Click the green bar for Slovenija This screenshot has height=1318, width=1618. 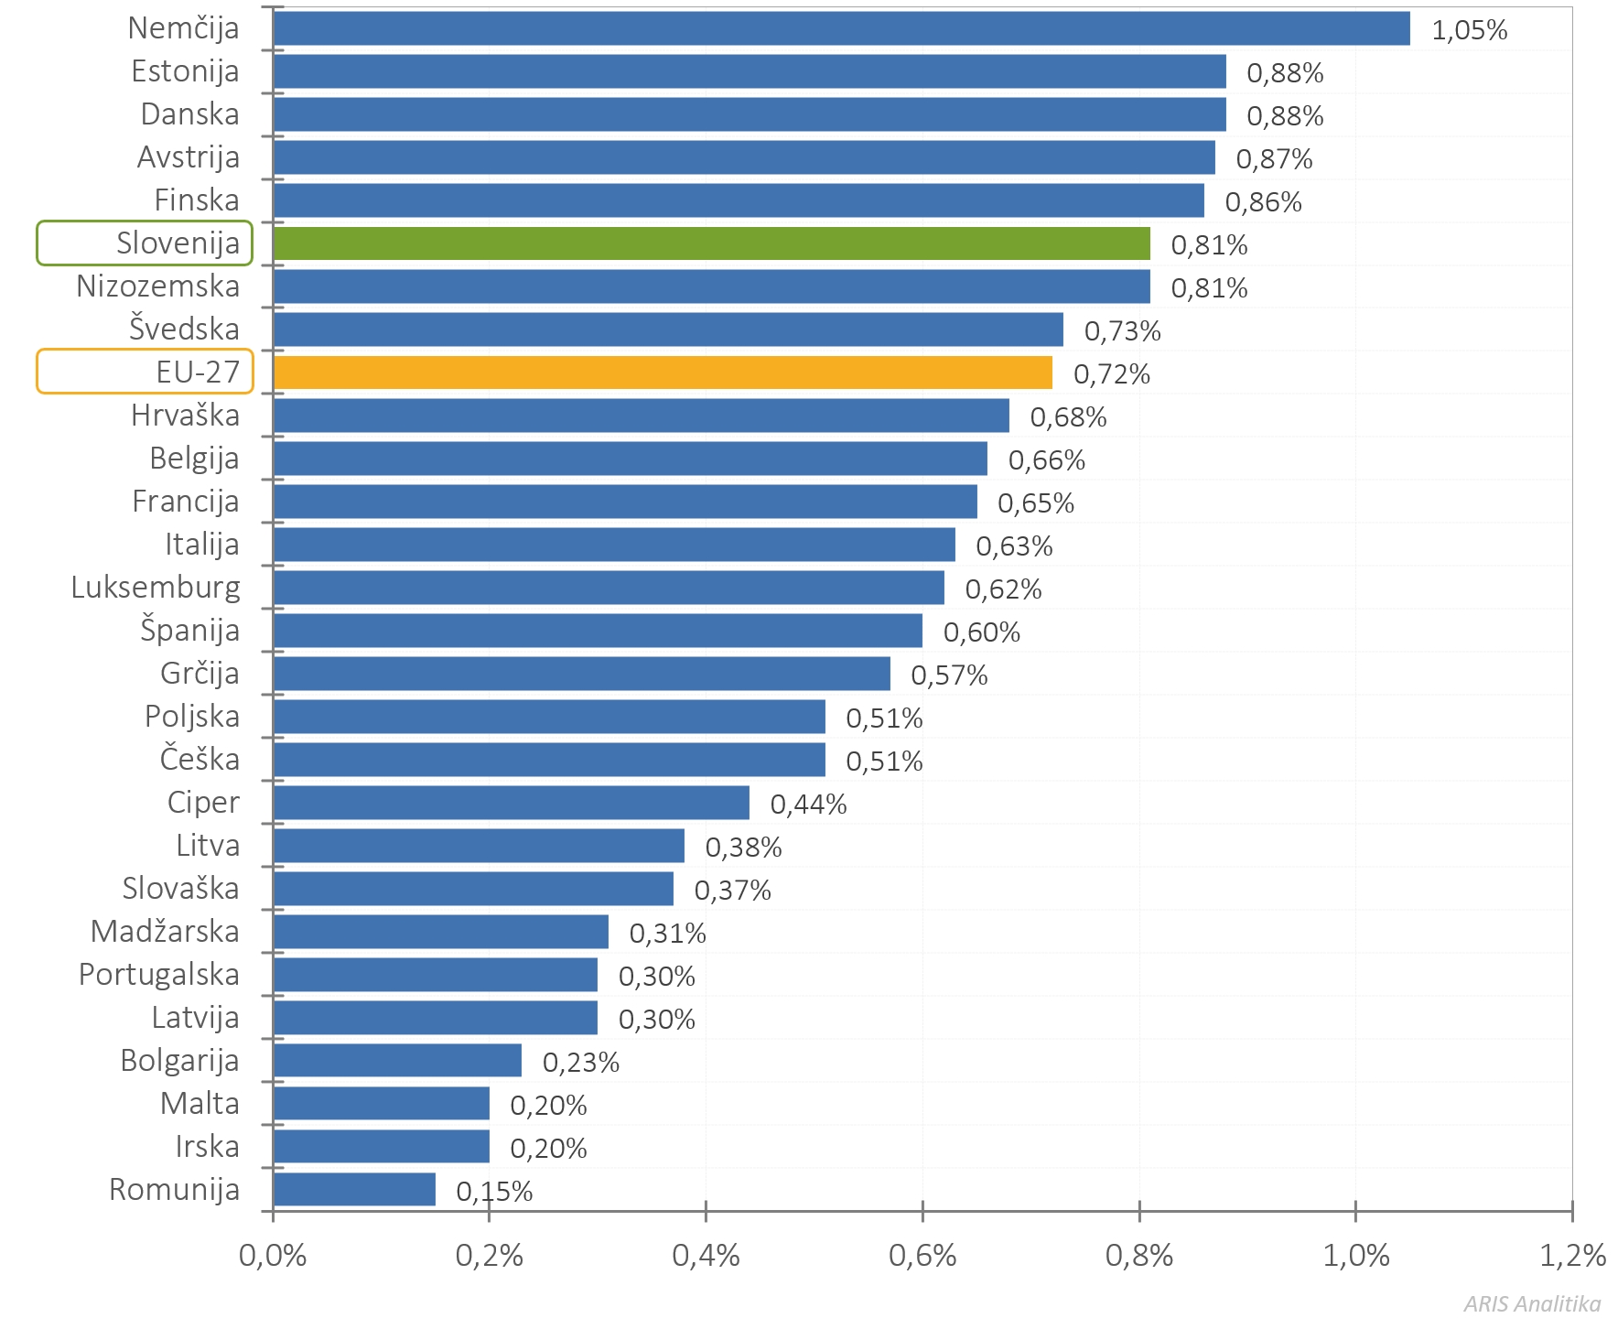(x=711, y=243)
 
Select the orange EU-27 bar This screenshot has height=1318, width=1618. (x=663, y=373)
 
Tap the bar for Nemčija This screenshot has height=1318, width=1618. (x=841, y=28)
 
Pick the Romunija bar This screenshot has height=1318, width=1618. (x=354, y=1189)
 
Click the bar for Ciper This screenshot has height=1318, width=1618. (x=511, y=803)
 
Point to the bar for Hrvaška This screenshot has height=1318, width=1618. (x=641, y=416)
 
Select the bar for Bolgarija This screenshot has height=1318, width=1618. (x=397, y=1060)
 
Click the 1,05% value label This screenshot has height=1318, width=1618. (x=1469, y=30)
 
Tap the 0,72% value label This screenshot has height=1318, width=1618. (x=1111, y=374)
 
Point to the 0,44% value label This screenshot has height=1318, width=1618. (x=808, y=805)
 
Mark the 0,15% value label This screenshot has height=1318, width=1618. (x=494, y=1192)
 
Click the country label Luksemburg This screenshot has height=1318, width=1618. (x=156, y=588)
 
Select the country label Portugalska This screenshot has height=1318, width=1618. (x=159, y=975)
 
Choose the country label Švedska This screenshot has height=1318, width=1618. (x=184, y=329)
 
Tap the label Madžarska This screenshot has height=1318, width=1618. (x=165, y=932)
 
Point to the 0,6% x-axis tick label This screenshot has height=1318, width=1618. (x=922, y=1256)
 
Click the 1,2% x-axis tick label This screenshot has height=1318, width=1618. (x=1572, y=1256)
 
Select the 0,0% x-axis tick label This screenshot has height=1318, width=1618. (x=273, y=1256)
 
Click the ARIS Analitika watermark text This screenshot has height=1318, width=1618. (x=1532, y=1303)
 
